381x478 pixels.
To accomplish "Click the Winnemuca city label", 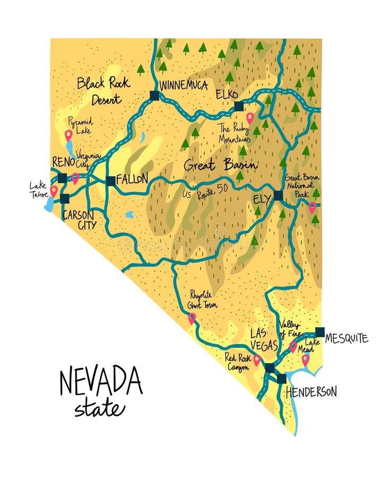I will pyautogui.click(x=183, y=85).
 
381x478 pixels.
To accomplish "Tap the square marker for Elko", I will pyautogui.click(x=239, y=105).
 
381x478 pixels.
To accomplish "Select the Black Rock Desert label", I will pyautogui.click(x=99, y=90).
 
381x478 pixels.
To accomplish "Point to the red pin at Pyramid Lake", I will pyautogui.click(x=68, y=135).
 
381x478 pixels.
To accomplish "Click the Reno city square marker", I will pyautogui.click(x=63, y=178).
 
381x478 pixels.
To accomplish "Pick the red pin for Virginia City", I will pyautogui.click(x=75, y=177).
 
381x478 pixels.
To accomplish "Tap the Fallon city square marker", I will pyautogui.click(x=110, y=181).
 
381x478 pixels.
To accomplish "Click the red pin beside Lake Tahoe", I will pyautogui.click(x=54, y=190).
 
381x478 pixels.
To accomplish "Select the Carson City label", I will pyautogui.click(x=79, y=220).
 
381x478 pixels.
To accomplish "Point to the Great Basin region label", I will pyautogui.click(x=220, y=165).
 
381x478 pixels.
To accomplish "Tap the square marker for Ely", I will pyautogui.click(x=278, y=195).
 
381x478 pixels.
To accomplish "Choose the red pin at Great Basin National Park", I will pyautogui.click(x=313, y=207).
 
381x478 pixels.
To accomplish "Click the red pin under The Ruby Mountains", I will pyautogui.click(x=249, y=117).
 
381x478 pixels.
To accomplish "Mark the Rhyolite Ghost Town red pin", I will pyautogui.click(x=192, y=318).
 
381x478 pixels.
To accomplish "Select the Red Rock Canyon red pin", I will pyautogui.click(x=257, y=360).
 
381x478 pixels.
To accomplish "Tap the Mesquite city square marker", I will pyautogui.click(x=320, y=332).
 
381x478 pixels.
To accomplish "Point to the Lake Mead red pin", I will pyautogui.click(x=305, y=360).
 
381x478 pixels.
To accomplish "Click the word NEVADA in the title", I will pyautogui.click(x=101, y=381).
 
